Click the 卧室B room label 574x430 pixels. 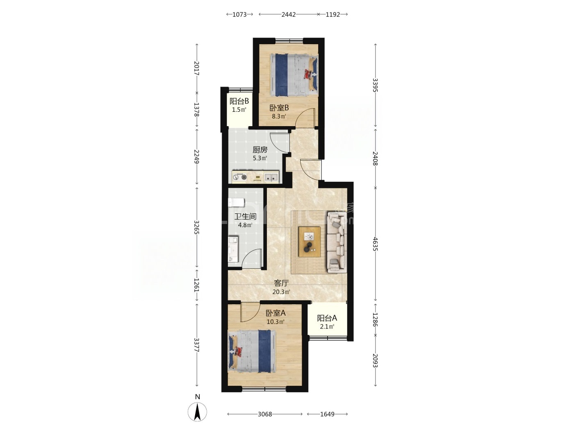[279, 108]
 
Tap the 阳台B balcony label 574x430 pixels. [239, 101]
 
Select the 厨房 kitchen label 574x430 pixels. [260, 149]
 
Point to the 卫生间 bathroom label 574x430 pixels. [245, 217]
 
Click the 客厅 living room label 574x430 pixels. [281, 283]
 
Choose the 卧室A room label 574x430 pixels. [276, 313]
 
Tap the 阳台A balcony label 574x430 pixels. [327, 318]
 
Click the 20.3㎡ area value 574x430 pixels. [281, 292]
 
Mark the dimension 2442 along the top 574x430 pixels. [289, 15]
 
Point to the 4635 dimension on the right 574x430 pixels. [375, 244]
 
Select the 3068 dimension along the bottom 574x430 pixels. [265, 414]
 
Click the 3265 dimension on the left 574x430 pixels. [197, 227]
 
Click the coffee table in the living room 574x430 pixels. [310, 242]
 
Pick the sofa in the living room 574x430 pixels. [337, 242]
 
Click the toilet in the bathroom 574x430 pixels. [236, 202]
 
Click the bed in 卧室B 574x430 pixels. [294, 75]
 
